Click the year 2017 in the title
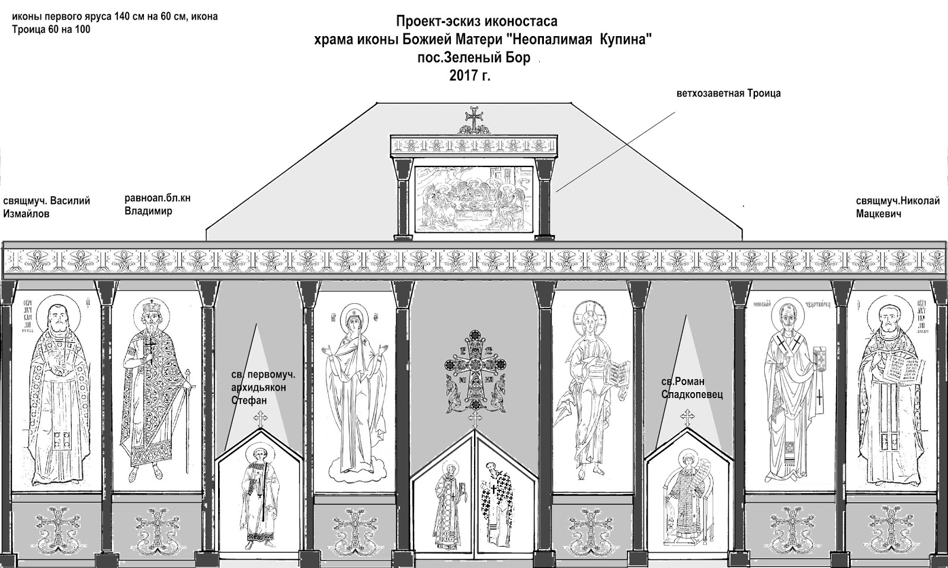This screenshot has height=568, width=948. point(465,76)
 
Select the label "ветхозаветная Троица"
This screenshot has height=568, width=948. point(729,94)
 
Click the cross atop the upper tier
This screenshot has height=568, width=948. point(473,119)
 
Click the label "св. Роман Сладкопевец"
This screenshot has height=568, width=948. point(692,387)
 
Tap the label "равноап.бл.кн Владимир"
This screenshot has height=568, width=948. point(157,205)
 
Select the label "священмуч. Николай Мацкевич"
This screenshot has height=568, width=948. point(898,207)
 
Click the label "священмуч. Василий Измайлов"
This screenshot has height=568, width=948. point(46,207)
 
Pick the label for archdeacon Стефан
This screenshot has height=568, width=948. point(262,387)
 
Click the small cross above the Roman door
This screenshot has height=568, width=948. point(687,419)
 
